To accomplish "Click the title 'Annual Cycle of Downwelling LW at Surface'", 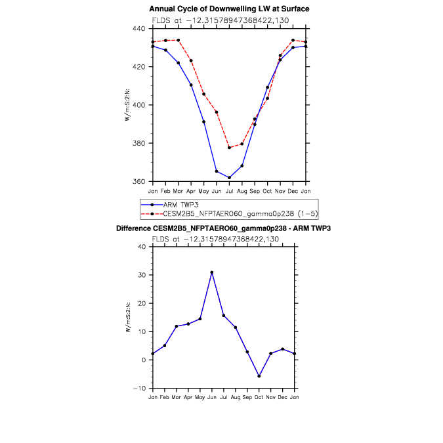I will (x=229, y=9).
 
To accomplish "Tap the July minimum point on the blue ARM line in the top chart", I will (x=229, y=177).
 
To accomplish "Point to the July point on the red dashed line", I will (x=229, y=148).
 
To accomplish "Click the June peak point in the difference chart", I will (x=211, y=272).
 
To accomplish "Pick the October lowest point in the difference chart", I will (x=259, y=376).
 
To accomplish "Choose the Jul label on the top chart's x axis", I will (x=229, y=190).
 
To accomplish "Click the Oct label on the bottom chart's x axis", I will (x=259, y=397).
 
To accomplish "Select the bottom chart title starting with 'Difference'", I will (x=223, y=228).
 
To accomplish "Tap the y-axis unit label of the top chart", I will (x=129, y=105).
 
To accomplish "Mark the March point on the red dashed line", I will (x=178, y=40).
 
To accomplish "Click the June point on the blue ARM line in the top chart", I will (x=217, y=171).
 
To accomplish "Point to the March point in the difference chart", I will (x=176, y=326).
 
